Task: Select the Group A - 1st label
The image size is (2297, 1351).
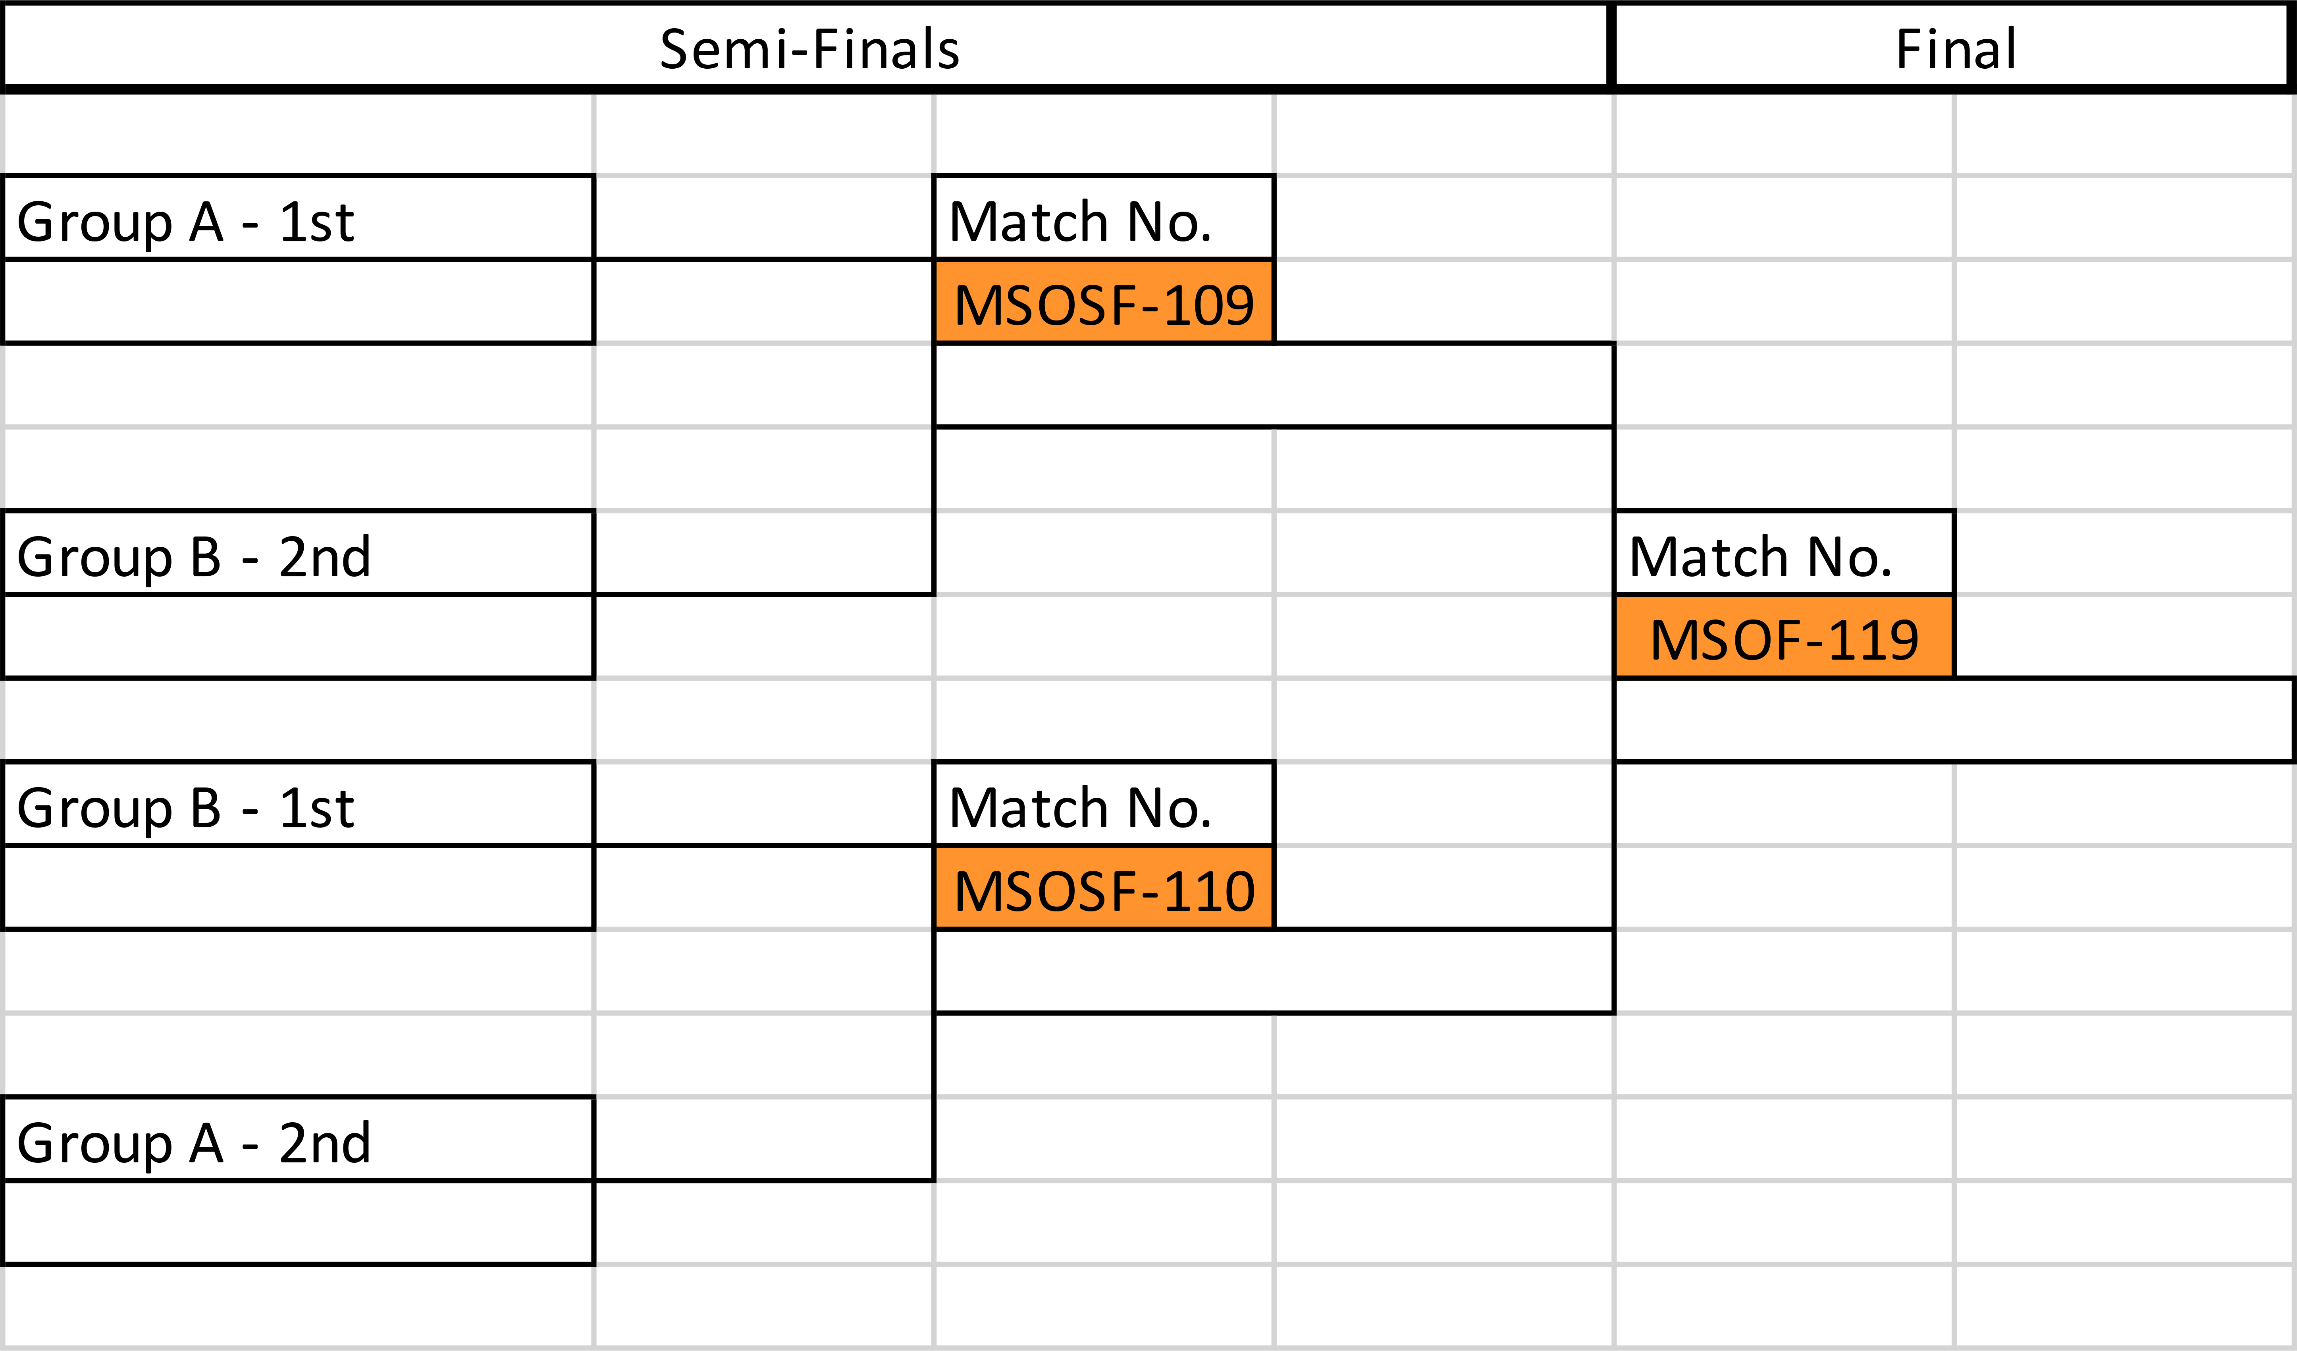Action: tap(185, 222)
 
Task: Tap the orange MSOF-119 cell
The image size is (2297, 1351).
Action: tap(1784, 637)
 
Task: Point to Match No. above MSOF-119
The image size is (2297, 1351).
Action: tap(1760, 557)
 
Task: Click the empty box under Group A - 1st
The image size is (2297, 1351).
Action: tap(298, 302)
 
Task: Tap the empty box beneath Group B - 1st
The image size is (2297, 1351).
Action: tap(298, 888)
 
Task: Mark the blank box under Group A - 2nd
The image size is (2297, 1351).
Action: tap(298, 1222)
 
